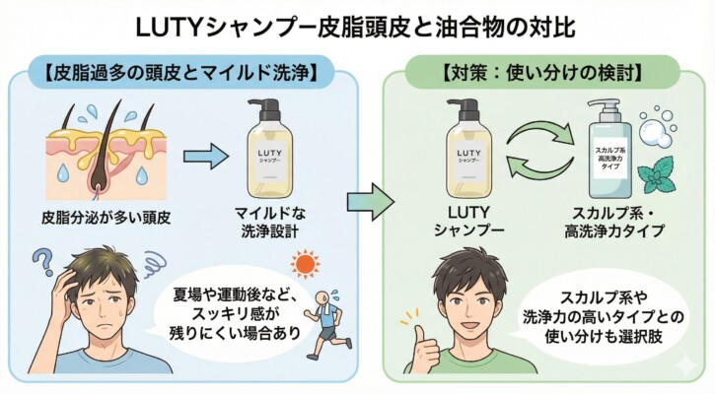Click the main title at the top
click(357, 22)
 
